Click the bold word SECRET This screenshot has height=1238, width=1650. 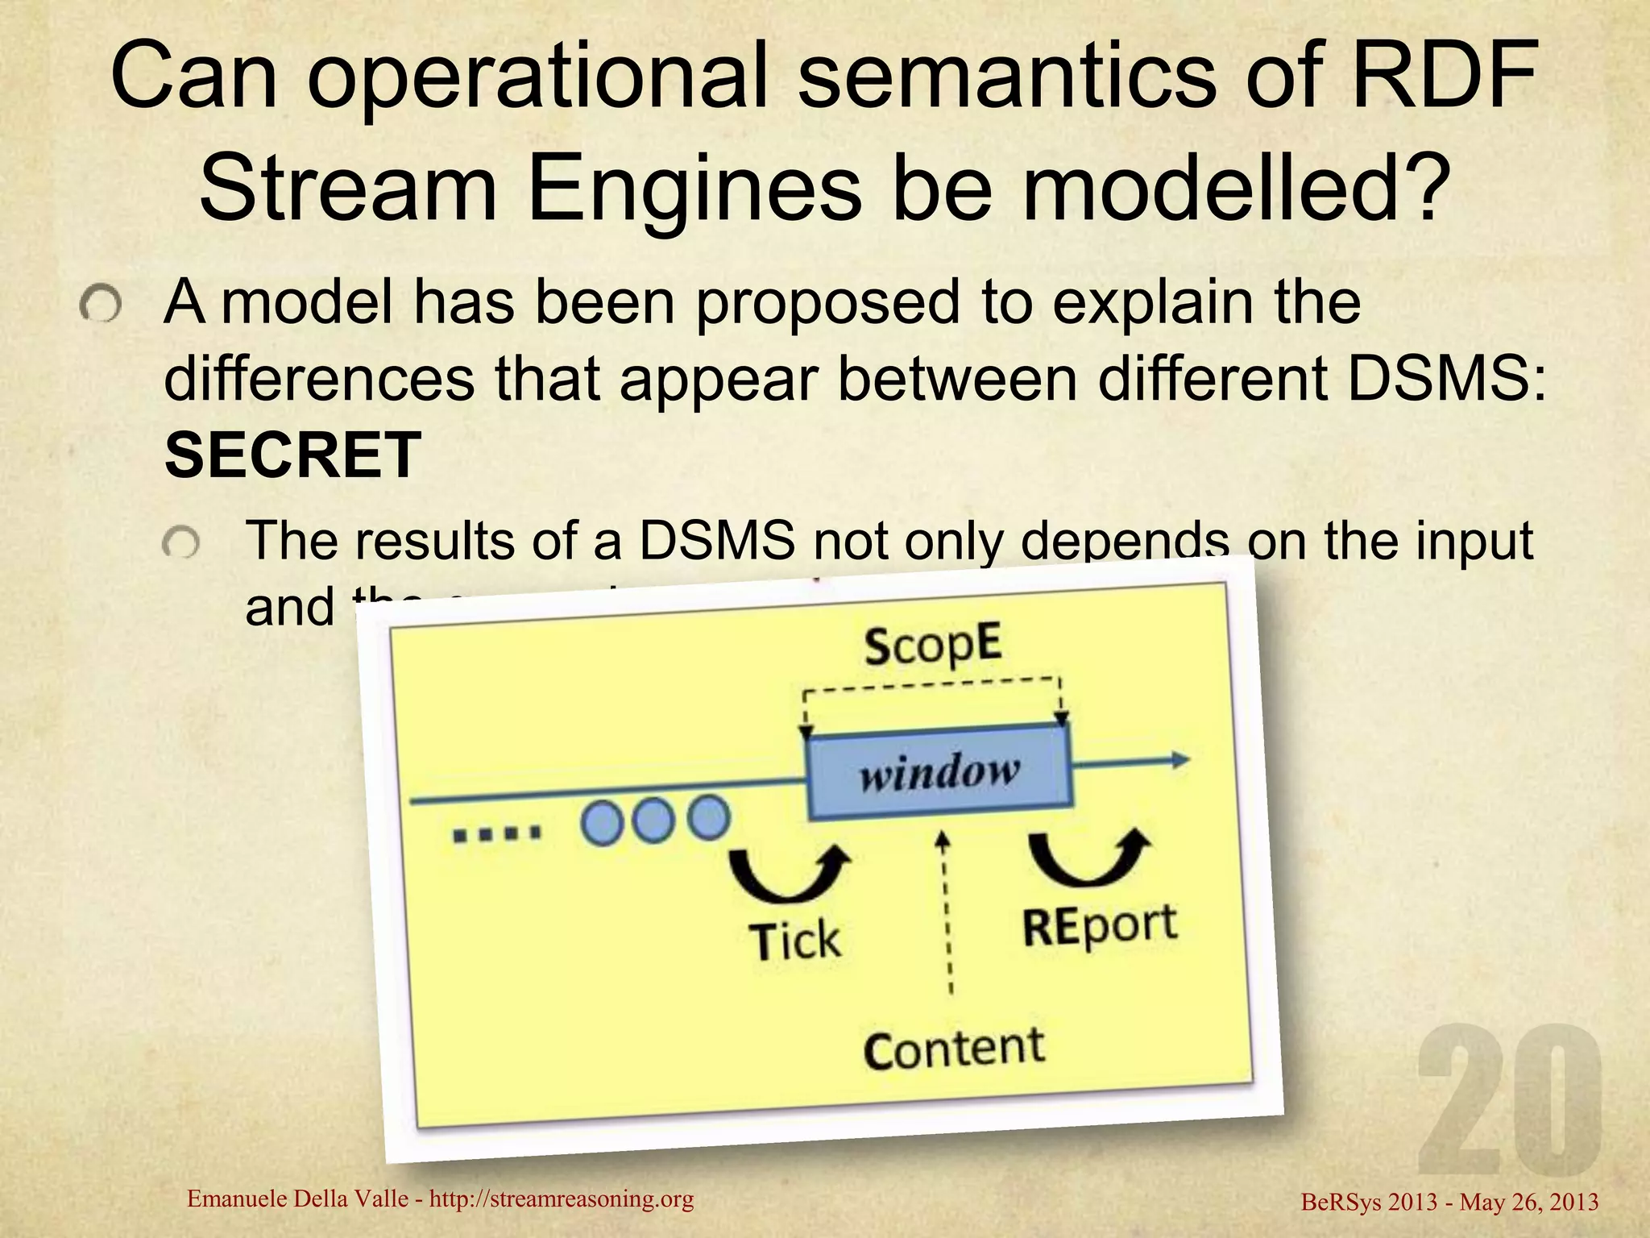292,454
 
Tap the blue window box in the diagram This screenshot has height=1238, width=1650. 939,771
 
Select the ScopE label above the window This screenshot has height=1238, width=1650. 934,645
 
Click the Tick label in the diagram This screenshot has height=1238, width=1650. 794,940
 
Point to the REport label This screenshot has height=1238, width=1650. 1099,926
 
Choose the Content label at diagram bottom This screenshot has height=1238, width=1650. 954,1049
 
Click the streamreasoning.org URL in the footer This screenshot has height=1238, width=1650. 562,1199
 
